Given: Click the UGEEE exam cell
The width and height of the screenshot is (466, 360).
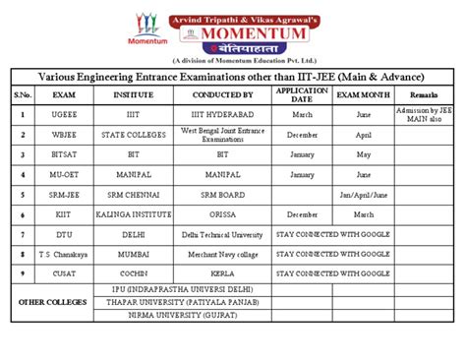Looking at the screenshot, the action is point(64,114).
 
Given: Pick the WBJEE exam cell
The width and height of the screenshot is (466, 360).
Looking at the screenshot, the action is point(64,135).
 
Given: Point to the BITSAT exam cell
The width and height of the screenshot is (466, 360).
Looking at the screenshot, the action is point(64,154).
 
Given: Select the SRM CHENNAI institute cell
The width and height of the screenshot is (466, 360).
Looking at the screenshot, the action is point(134,194).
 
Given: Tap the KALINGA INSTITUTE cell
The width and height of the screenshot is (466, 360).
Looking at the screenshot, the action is point(134,213).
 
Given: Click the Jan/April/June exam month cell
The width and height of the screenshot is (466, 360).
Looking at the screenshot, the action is point(364,194).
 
